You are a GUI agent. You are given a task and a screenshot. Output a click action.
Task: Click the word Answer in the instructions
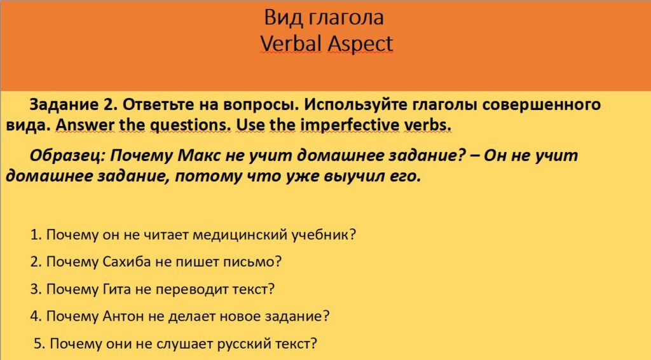tap(81, 125)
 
